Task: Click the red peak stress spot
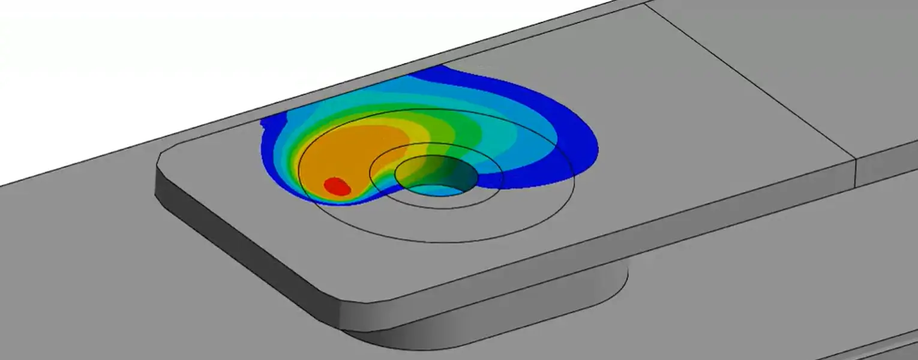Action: [x=337, y=186]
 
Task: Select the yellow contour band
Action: [x=420, y=144]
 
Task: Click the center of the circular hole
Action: [x=436, y=175]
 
